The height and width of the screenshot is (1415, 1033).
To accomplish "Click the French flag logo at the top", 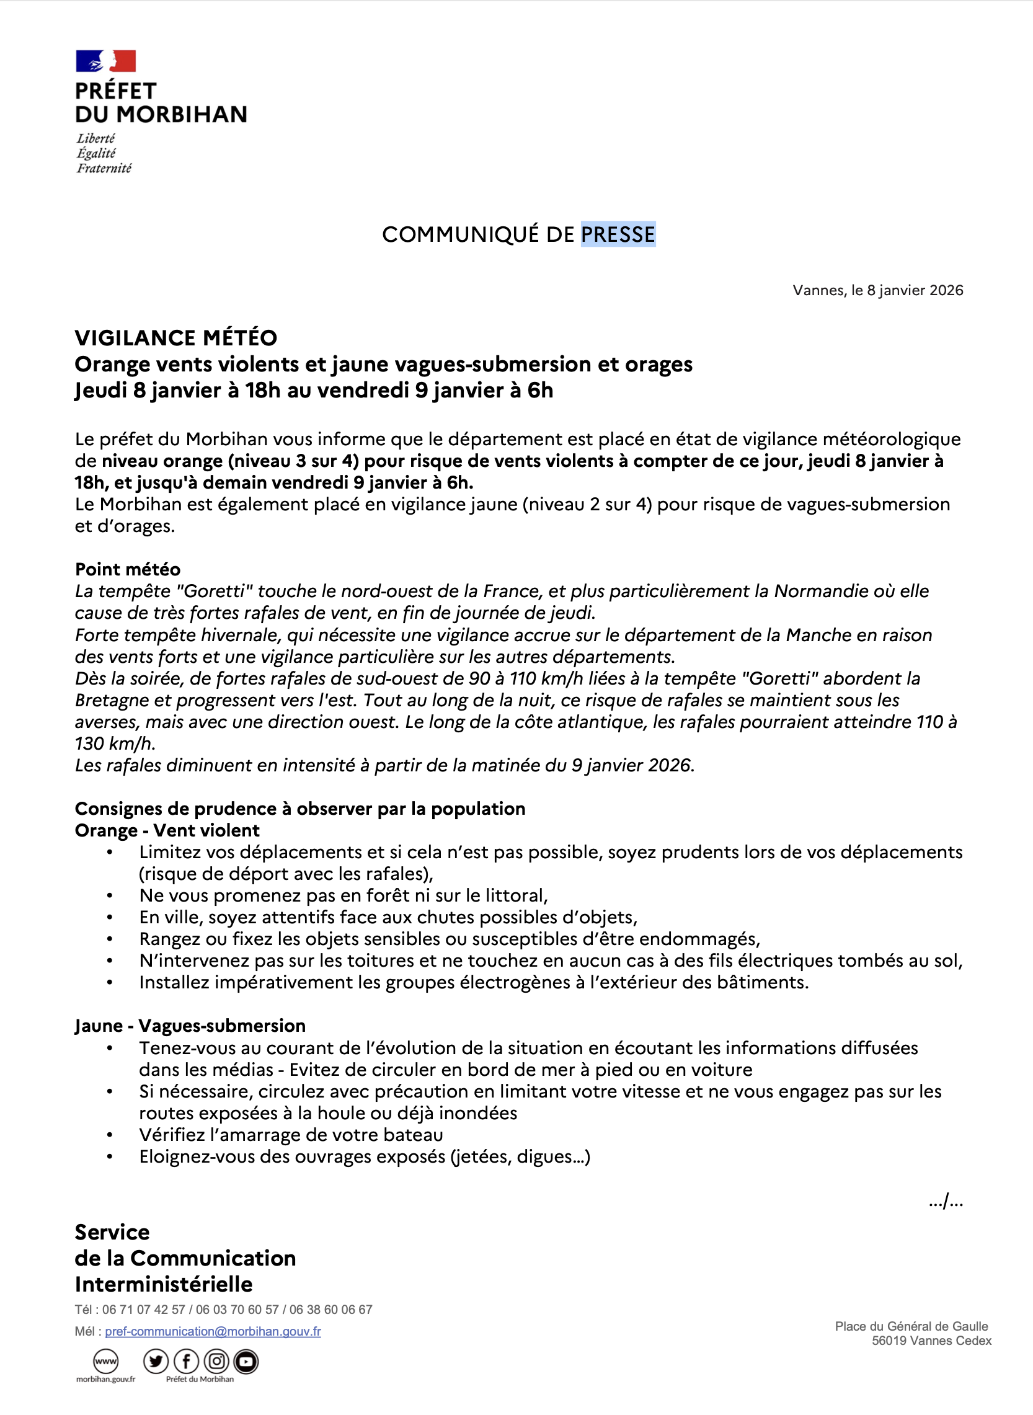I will [x=105, y=61].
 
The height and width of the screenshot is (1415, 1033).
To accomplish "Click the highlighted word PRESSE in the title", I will [x=618, y=234].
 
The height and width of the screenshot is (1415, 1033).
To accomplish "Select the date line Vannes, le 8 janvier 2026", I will [x=877, y=290].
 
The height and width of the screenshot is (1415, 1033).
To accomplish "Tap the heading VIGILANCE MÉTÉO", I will [x=175, y=339].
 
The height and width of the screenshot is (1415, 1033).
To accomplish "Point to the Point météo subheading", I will [x=128, y=569].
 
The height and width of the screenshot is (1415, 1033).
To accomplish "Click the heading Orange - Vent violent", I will [x=167, y=830].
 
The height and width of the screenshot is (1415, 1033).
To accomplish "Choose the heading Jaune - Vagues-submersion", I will [x=190, y=1026].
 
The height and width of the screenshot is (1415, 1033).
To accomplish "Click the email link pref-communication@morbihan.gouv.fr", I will [x=213, y=1331].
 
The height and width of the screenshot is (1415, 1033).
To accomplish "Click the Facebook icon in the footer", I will [x=187, y=1361].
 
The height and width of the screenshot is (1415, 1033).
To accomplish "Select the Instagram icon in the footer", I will [x=216, y=1361].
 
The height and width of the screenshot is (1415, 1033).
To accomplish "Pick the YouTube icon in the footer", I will [x=246, y=1361].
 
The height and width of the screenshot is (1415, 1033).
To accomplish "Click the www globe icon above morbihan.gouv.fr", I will [x=105, y=1361].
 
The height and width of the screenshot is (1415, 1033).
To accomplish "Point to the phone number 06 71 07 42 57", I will [x=144, y=1310].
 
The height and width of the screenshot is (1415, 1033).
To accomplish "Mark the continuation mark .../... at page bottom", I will [x=946, y=1201].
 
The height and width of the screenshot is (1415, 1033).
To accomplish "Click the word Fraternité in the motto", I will [x=104, y=169].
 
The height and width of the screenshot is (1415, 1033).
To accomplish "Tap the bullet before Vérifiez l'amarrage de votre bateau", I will [x=110, y=1135].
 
